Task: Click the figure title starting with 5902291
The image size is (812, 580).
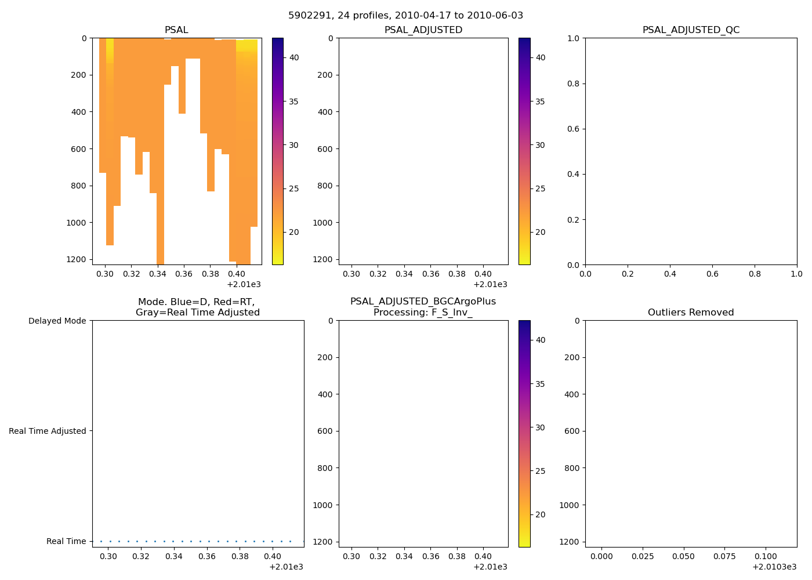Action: coord(405,16)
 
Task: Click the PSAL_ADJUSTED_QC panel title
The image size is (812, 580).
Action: coord(691,30)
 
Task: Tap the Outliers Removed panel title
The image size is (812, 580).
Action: coord(691,313)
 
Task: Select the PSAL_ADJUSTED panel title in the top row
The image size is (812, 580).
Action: coord(423,30)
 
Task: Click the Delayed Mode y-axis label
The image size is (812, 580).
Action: coord(57,321)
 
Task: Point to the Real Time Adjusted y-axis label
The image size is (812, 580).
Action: coord(48,431)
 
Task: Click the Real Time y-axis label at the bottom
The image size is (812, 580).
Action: coord(66,541)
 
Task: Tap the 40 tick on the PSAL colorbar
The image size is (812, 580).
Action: coord(294,57)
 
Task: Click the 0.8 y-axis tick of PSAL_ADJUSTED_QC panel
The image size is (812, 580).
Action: coord(573,84)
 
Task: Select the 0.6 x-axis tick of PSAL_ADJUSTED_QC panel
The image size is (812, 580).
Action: coord(712,274)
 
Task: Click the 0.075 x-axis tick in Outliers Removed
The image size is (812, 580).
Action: coord(725,556)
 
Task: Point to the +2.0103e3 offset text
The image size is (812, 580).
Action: coord(774,567)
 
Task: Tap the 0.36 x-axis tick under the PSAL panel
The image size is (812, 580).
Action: coord(184,274)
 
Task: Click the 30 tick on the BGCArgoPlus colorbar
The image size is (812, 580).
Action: coord(540,427)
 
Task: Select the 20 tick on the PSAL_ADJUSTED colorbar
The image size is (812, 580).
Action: coord(540,232)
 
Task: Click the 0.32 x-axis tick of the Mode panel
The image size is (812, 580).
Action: coord(141,556)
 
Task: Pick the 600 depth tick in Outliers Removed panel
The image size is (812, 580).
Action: coord(572,431)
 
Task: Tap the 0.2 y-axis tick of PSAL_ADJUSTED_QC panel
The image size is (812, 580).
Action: coord(573,220)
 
